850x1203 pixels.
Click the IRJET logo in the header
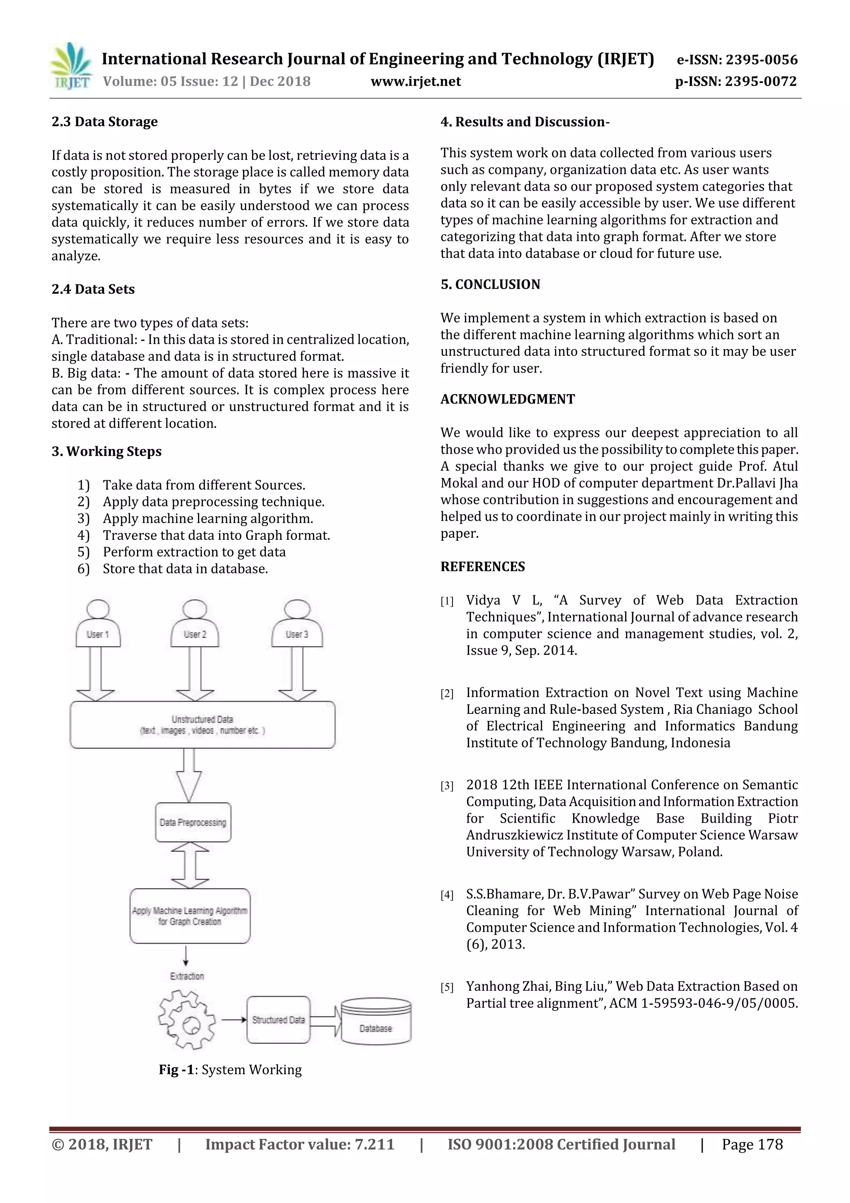(71, 66)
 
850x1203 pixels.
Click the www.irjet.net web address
(416, 82)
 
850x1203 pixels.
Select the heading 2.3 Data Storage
(104, 122)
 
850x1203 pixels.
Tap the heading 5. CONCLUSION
(490, 284)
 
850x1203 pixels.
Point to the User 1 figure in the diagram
(98, 625)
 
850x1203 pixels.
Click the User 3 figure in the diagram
(297, 625)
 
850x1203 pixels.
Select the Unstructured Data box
(202, 725)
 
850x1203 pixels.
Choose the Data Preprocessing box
(193, 822)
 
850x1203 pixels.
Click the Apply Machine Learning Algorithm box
(190, 916)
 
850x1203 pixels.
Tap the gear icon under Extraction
(187, 1019)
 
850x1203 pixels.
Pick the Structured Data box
(278, 1019)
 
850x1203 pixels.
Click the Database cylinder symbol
(376, 1021)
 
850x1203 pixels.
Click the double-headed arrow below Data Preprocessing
(190, 865)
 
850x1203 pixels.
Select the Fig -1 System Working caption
(230, 1069)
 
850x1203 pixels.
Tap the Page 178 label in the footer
(752, 1144)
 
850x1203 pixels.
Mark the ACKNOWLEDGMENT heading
(508, 399)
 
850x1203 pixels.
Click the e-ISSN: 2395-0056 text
(737, 60)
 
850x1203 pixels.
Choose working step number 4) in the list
(84, 536)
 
